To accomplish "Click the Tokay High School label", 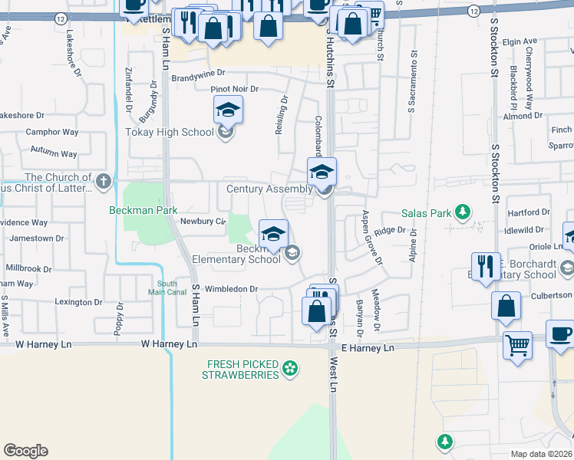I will [170, 132].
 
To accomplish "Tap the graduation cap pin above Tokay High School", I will [228, 110].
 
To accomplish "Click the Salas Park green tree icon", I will [462, 211].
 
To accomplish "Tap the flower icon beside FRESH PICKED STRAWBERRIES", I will [289, 370].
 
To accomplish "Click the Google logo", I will [25, 451].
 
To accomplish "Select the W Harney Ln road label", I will [169, 345].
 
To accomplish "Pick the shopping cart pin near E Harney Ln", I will [517, 344].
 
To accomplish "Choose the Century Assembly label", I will [269, 189].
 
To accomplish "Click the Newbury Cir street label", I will [202, 222].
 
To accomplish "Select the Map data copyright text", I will [542, 454].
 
